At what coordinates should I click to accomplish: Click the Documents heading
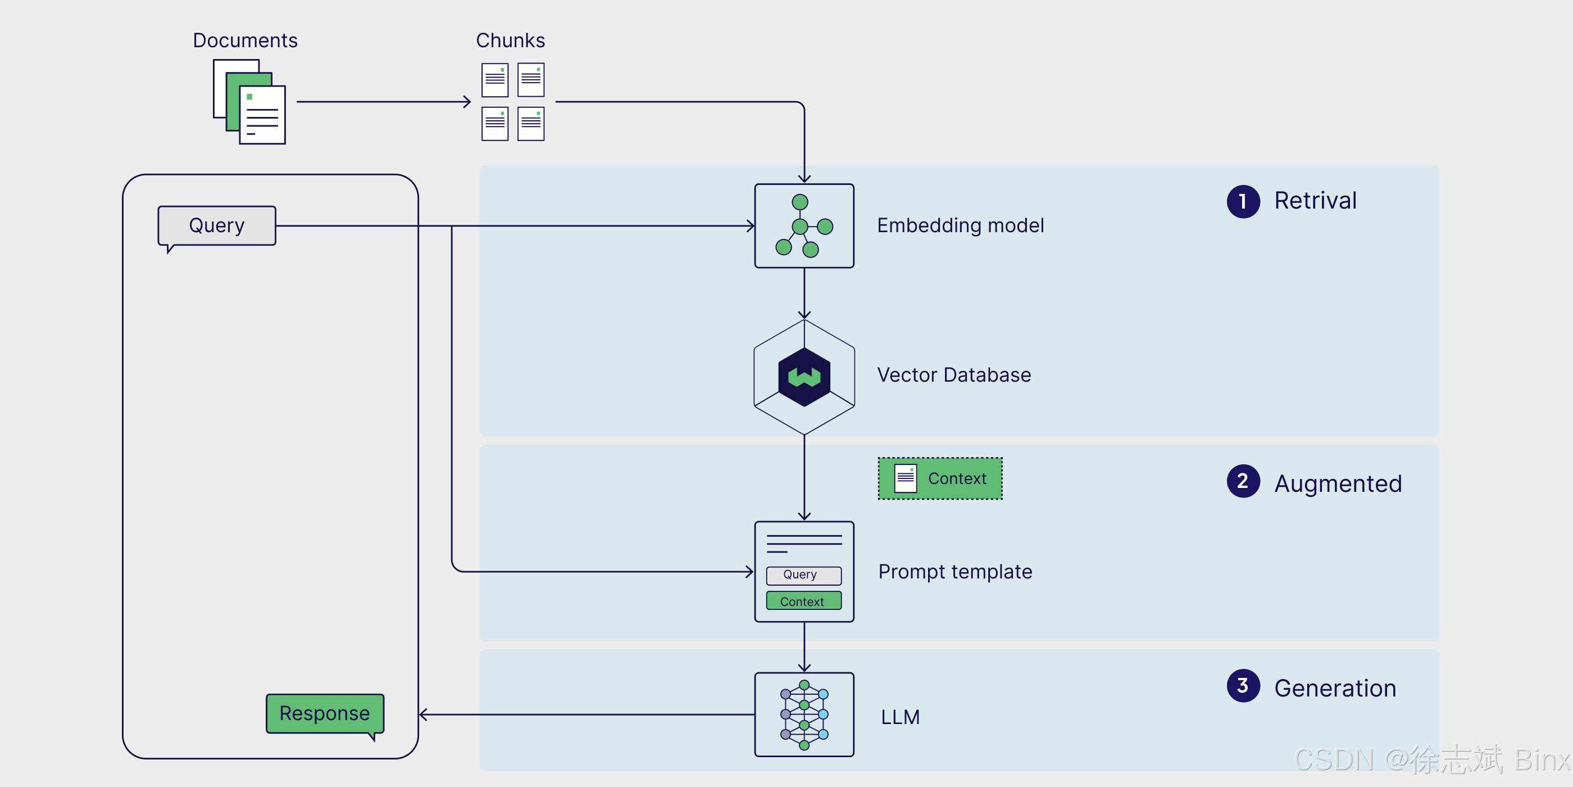245,40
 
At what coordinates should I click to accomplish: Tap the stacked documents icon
249,101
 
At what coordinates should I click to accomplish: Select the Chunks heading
511,40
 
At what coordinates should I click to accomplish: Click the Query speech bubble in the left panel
217,227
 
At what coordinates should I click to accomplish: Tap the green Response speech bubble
325,714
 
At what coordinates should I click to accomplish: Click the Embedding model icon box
804,225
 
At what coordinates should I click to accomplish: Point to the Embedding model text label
961,225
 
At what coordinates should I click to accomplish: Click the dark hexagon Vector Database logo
804,377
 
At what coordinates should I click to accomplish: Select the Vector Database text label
954,374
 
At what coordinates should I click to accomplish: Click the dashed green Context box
940,478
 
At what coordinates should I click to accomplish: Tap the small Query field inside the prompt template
803,575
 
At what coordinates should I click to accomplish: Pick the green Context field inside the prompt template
803,600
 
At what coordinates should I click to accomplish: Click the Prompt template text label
955,572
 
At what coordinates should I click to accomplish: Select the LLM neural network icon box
804,714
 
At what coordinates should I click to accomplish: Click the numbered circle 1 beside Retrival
1243,201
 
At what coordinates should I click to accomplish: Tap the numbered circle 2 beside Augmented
1243,481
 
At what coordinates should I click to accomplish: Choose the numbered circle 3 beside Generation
1243,686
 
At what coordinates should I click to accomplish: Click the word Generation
1335,688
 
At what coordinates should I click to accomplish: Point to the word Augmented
1338,484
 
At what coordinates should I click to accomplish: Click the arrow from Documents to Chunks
384,101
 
